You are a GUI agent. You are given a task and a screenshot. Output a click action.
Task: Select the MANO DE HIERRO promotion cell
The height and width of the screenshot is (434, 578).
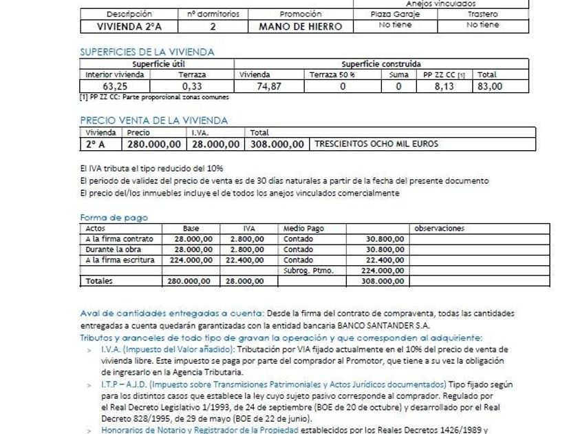click(300, 26)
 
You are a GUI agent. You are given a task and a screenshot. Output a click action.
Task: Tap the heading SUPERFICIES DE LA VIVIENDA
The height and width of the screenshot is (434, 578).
click(147, 52)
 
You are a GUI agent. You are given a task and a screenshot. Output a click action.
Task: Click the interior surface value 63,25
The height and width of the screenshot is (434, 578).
click(116, 86)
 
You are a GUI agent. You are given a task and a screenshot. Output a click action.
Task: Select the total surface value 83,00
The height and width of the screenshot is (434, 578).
click(490, 86)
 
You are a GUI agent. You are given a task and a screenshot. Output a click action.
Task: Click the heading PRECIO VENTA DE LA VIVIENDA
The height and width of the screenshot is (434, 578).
click(154, 120)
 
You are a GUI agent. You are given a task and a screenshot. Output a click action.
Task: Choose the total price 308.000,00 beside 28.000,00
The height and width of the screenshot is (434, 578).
click(277, 144)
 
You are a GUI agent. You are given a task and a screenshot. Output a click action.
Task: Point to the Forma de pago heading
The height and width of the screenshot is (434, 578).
click(114, 218)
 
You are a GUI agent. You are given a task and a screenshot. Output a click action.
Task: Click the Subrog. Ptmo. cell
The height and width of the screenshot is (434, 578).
click(308, 270)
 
